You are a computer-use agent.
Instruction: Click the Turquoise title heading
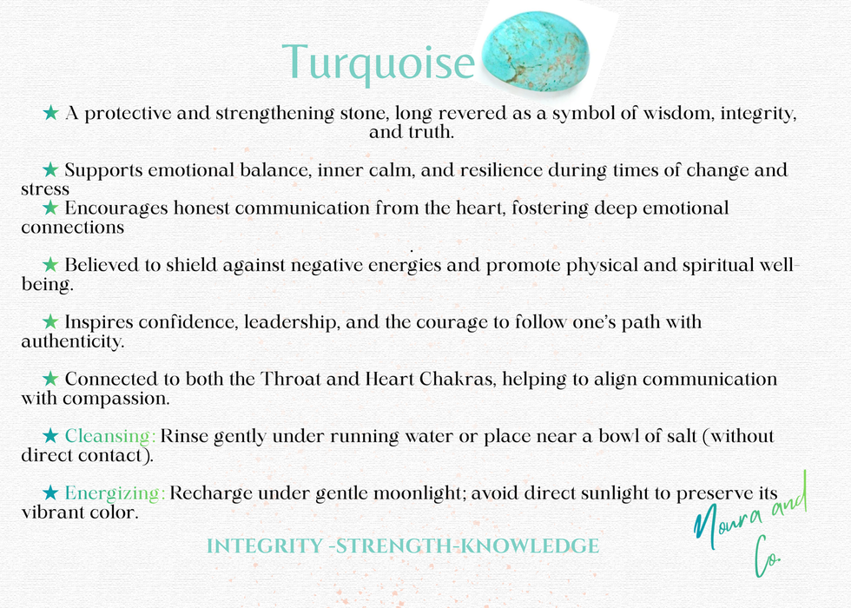pos(379,63)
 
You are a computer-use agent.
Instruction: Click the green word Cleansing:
pos(110,436)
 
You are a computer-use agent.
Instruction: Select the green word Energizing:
pos(115,493)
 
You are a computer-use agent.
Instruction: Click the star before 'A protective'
pos(51,113)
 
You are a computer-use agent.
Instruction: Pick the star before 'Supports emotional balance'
pos(51,169)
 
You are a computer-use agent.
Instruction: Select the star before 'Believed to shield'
pos(51,265)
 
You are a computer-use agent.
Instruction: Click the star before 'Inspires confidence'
pos(51,322)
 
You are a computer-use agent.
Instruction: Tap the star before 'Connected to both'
pos(51,380)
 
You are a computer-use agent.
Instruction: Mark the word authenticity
pos(72,341)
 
